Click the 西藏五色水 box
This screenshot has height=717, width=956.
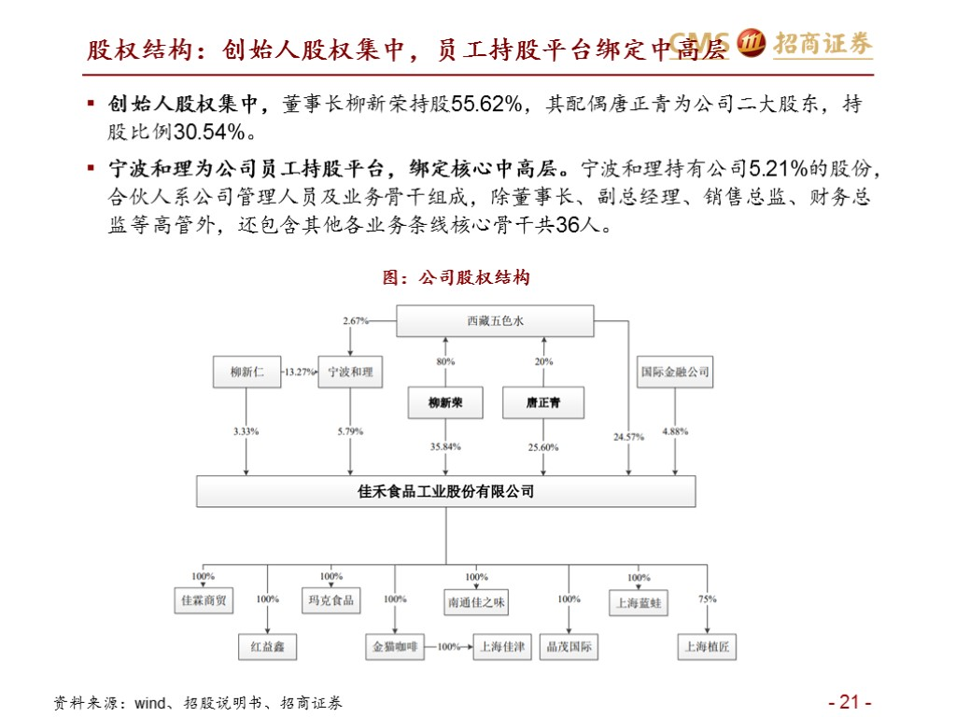pos(495,321)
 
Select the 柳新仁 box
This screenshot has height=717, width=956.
pos(247,372)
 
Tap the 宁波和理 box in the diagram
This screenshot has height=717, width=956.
pos(350,372)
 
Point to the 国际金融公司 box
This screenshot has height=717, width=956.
pos(675,372)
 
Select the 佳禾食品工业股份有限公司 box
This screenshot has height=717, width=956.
pos(445,491)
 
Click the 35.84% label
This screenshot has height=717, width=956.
pos(446,447)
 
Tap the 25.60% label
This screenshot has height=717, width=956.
pos(542,447)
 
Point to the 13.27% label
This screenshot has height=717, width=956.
pos(300,372)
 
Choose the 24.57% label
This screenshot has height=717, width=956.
pos(629,437)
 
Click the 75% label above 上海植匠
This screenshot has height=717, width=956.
pos(707,599)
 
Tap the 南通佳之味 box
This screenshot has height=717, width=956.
pos(476,602)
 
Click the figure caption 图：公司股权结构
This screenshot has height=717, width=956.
pos(457,277)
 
